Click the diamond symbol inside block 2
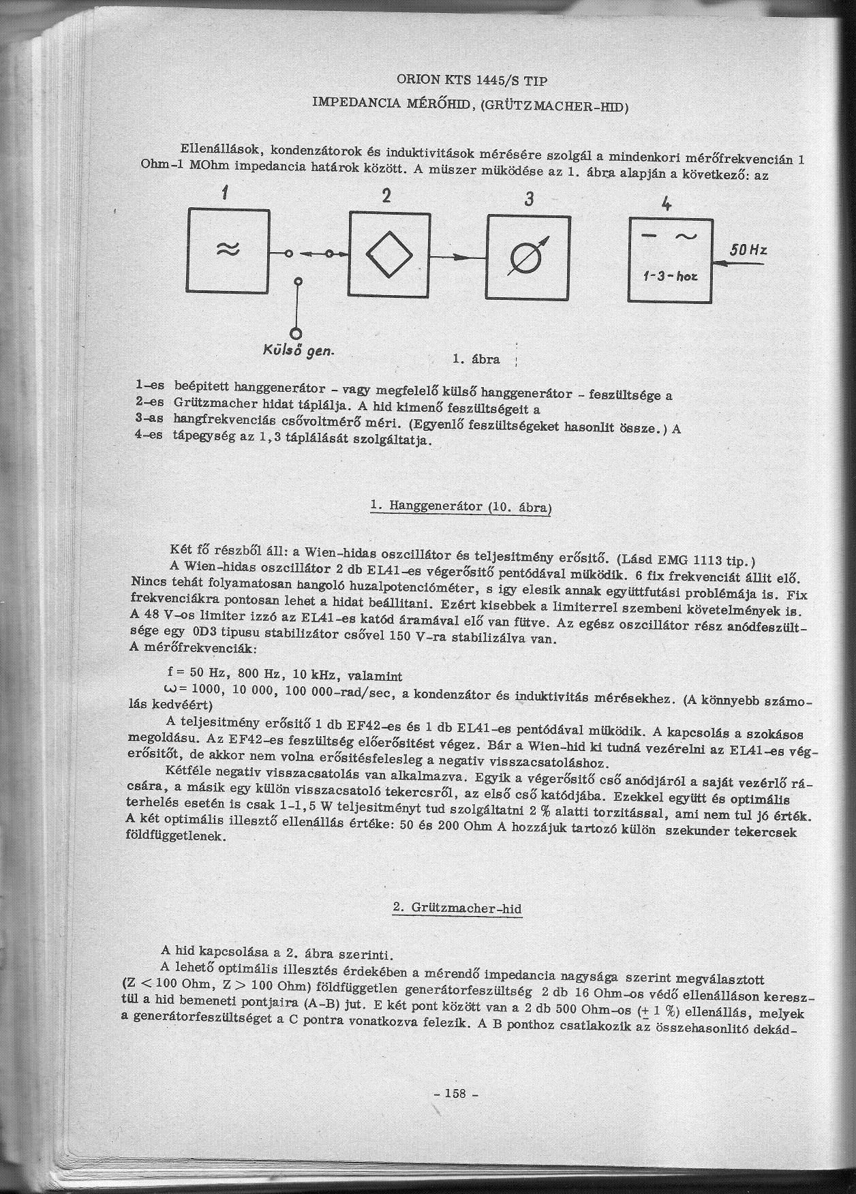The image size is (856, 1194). [x=389, y=254]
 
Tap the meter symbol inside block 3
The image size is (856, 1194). [x=528, y=258]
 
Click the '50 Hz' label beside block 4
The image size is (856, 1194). [x=748, y=250]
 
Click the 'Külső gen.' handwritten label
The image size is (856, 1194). [x=298, y=351]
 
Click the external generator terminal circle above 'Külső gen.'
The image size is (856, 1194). [x=296, y=333]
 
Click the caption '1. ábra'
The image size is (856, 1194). [x=476, y=359]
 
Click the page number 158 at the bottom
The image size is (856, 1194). [x=455, y=1093]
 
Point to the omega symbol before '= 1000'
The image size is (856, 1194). [x=170, y=688]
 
